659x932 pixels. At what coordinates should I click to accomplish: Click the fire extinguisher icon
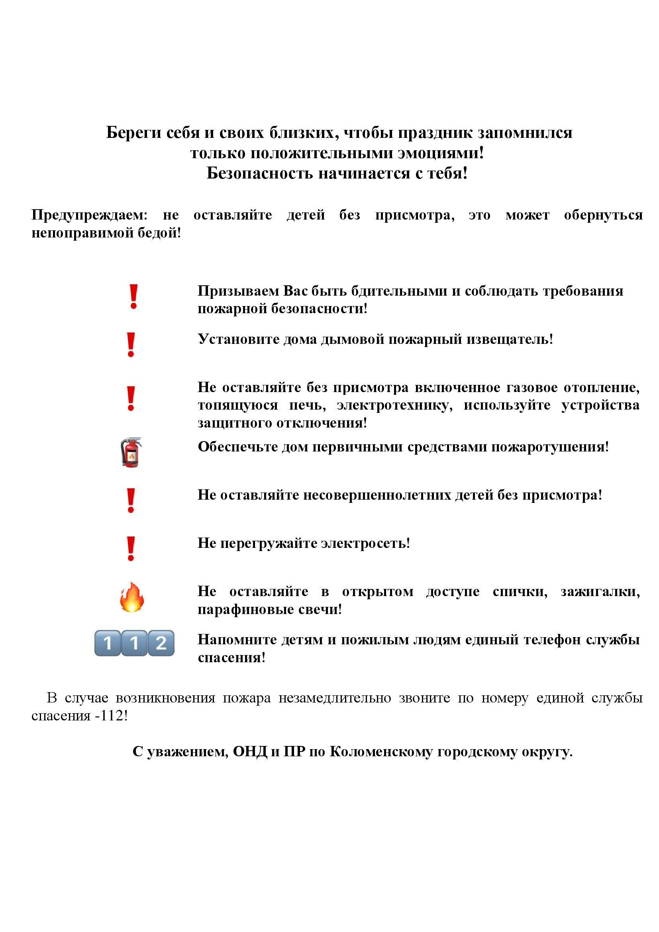click(x=131, y=452)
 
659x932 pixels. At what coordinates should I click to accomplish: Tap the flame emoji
click(x=132, y=597)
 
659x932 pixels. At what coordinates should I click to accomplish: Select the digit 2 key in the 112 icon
click(x=161, y=643)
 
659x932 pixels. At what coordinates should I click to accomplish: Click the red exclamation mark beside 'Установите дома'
click(x=131, y=345)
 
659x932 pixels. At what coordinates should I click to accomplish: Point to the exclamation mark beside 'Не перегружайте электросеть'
click(x=131, y=548)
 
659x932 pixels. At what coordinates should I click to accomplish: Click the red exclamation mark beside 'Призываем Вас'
click(x=133, y=297)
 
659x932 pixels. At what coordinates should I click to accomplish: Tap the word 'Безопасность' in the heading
click(x=260, y=173)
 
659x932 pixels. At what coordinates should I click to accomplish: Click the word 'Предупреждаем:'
click(x=90, y=215)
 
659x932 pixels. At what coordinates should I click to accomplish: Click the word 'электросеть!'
click(x=365, y=543)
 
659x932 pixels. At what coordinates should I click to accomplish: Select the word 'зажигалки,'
click(x=600, y=591)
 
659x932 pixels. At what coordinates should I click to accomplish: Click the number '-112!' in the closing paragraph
click(x=111, y=716)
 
